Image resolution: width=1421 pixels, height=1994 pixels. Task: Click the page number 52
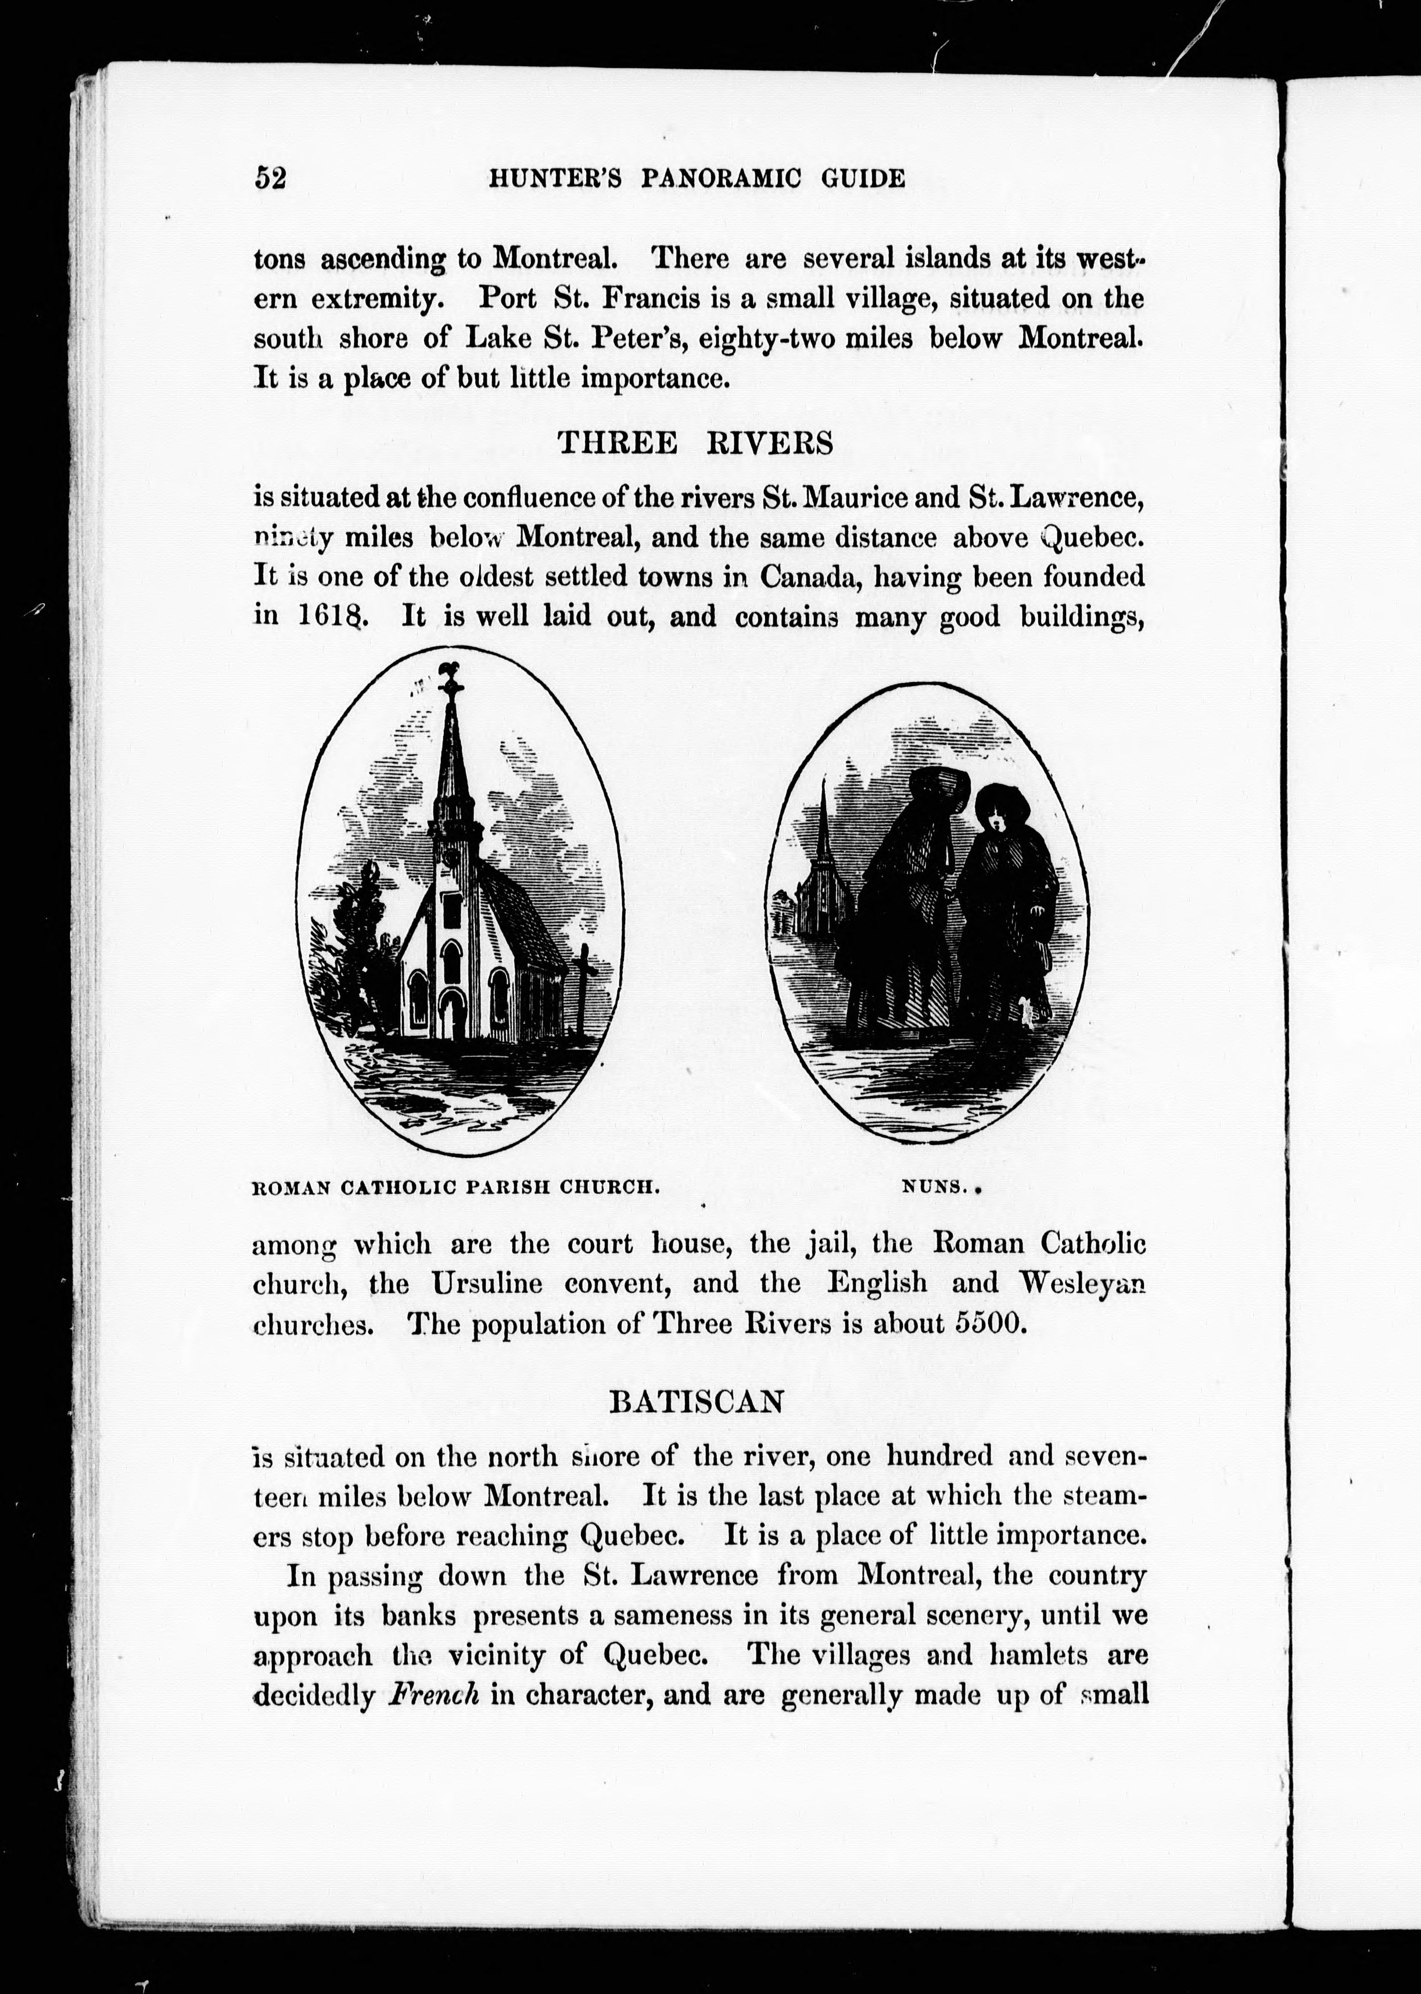coord(270,178)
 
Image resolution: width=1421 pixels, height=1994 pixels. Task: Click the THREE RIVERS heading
coord(695,444)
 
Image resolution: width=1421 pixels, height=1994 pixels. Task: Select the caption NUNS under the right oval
coord(934,1189)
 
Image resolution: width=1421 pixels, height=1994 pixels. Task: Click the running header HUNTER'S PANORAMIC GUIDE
coord(695,178)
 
